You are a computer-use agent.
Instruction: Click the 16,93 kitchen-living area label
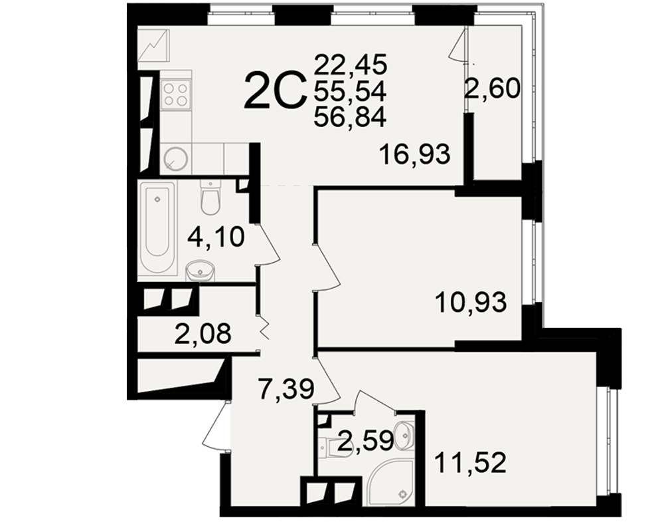pyautogui.click(x=414, y=154)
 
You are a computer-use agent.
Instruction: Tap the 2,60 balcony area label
pyautogui.click(x=492, y=89)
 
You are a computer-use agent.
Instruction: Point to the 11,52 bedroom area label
pyautogui.click(x=470, y=463)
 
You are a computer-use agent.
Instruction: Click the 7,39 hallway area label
pyautogui.click(x=287, y=389)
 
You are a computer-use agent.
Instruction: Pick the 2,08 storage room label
pyautogui.click(x=203, y=333)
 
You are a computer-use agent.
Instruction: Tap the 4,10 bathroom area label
pyautogui.click(x=216, y=237)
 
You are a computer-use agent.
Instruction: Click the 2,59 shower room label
pyautogui.click(x=366, y=441)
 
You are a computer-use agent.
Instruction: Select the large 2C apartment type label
pyautogui.click(x=276, y=91)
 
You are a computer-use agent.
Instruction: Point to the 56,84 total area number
pyautogui.click(x=350, y=117)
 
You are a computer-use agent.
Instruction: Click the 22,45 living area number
pyautogui.click(x=351, y=65)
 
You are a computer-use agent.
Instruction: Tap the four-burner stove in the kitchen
pyautogui.click(x=176, y=94)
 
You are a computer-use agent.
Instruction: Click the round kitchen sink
pyautogui.click(x=176, y=159)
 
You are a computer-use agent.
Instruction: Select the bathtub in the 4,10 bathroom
pyautogui.click(x=157, y=229)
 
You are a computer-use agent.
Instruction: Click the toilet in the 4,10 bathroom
pyautogui.click(x=210, y=198)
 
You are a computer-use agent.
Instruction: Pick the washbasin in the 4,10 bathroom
pyautogui.click(x=200, y=271)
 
